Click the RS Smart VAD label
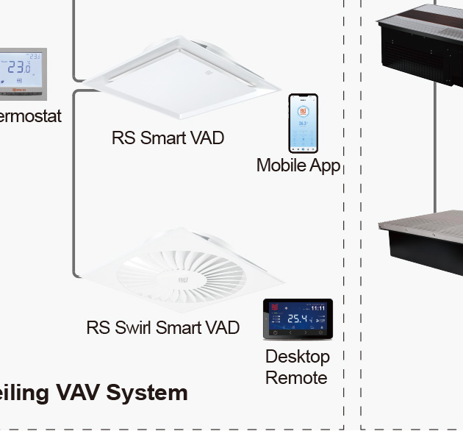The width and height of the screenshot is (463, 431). pyautogui.click(x=168, y=138)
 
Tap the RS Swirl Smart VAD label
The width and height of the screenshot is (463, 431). pyautogui.click(x=162, y=327)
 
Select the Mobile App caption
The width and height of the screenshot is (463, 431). pyautogui.click(x=298, y=165)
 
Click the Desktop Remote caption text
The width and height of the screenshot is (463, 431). pyautogui.click(x=297, y=367)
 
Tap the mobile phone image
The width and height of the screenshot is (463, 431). pyautogui.click(x=303, y=123)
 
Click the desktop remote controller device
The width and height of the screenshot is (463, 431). pyautogui.click(x=298, y=319)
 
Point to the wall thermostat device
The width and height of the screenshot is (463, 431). pyautogui.click(x=22, y=74)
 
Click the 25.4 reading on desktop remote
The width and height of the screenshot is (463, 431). pyautogui.click(x=297, y=319)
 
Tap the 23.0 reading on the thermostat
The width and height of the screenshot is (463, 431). pyautogui.click(x=18, y=68)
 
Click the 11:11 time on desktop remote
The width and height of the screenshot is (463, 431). pyautogui.click(x=317, y=308)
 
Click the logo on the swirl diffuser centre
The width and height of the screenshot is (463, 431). pyautogui.click(x=182, y=279)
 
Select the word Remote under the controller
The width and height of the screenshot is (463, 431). pyautogui.click(x=296, y=378)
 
